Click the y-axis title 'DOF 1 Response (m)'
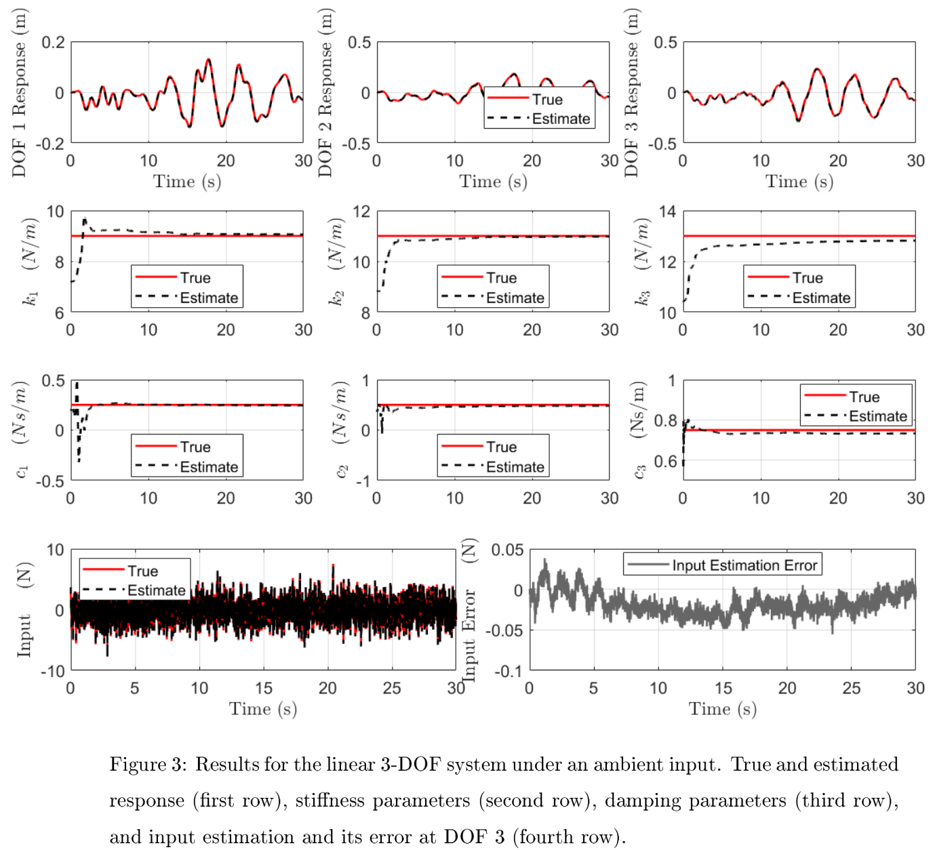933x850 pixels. coord(19,93)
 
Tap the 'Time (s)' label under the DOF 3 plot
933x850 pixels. coord(799,182)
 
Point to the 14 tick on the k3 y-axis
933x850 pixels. coord(667,212)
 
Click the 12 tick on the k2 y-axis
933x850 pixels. coord(361,212)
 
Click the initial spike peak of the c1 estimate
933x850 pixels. coord(77,384)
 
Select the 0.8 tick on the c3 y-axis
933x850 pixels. coord(665,421)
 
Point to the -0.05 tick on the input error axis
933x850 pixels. coord(506,630)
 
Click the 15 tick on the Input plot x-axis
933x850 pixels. coord(263,688)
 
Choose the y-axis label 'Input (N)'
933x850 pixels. coord(24,609)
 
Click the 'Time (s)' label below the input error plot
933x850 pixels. coord(722,709)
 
